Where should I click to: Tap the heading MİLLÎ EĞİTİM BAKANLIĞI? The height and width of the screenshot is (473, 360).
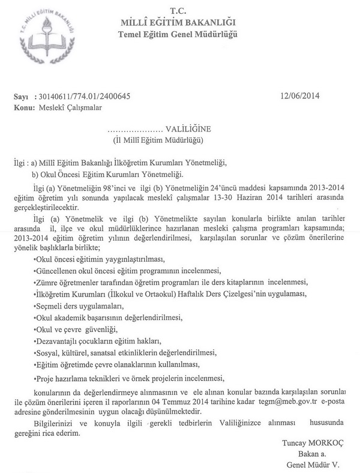click(178, 22)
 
